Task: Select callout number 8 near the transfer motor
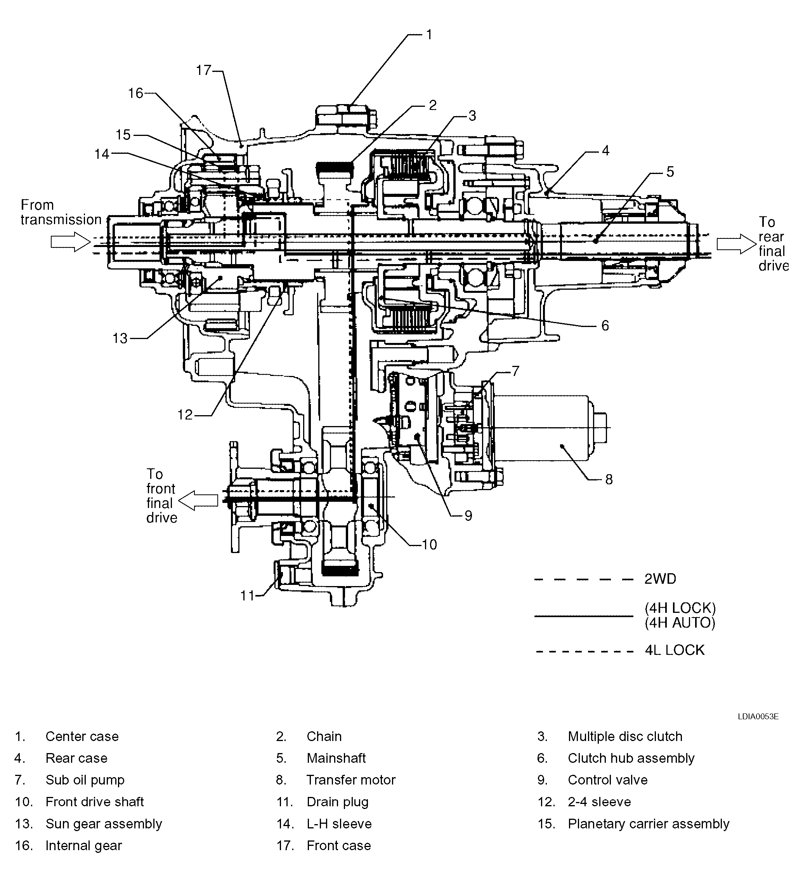609,480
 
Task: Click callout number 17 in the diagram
203,70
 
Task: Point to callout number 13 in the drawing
120,338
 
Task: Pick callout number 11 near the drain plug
247,595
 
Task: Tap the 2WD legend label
660,579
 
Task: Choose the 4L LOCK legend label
675,650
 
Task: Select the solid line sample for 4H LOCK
584,616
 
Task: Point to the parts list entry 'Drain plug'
337,802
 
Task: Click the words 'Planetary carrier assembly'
648,824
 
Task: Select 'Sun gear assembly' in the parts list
104,824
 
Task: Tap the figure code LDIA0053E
758,717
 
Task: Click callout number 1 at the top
429,35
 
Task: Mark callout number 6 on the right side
605,325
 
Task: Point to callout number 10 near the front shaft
429,544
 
